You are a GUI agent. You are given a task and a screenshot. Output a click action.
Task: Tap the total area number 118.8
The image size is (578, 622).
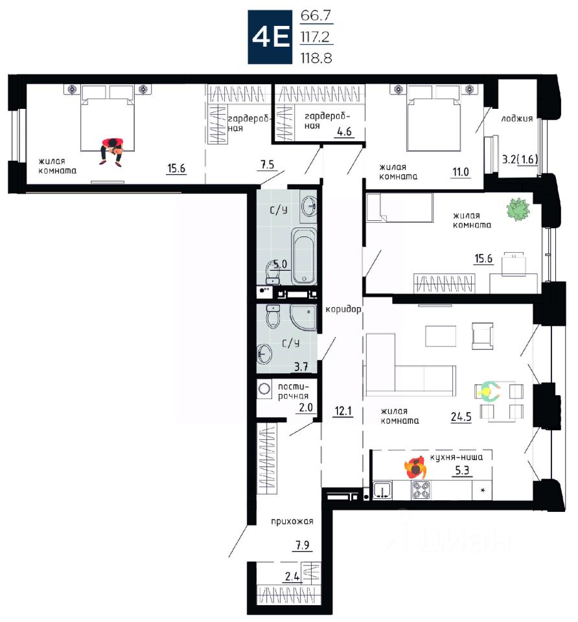316,58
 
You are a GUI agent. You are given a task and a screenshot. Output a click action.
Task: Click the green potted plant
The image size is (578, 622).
518,209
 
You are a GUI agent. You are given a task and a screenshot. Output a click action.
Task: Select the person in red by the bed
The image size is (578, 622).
112,152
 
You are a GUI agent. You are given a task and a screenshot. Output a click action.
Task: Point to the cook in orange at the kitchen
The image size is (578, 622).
416,468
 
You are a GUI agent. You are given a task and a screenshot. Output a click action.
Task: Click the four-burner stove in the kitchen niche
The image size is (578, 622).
421,490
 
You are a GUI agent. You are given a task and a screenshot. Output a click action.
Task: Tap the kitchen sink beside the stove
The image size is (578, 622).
382,490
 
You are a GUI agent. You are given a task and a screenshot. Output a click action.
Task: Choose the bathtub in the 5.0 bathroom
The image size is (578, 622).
304,257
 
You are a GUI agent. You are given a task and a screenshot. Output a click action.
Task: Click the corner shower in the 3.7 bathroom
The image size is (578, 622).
304,317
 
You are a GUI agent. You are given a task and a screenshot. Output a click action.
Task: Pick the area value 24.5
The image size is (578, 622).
461,417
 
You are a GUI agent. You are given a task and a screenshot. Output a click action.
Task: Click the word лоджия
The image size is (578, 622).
516,119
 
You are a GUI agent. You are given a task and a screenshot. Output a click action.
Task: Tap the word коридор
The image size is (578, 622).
343,310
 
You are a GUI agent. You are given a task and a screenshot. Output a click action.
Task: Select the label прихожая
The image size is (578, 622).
292,522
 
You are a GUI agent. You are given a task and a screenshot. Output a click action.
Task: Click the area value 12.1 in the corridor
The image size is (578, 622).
343,411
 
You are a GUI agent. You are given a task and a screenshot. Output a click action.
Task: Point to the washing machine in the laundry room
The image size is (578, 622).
264,389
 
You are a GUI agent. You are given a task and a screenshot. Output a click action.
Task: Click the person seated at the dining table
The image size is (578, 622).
489,391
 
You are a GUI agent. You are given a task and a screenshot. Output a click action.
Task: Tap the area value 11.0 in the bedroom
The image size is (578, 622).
461,172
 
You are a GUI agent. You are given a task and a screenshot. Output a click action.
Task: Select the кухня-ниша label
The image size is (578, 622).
457,457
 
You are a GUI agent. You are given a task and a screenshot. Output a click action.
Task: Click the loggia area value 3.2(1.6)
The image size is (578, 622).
520,159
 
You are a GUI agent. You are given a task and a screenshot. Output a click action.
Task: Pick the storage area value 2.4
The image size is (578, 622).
292,576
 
